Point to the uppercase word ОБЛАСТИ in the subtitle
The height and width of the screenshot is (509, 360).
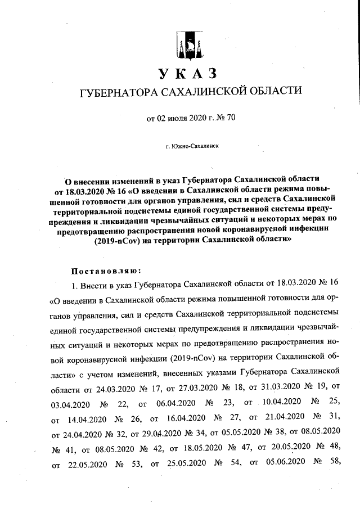click(273, 92)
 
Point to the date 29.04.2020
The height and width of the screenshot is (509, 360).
click(164, 435)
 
